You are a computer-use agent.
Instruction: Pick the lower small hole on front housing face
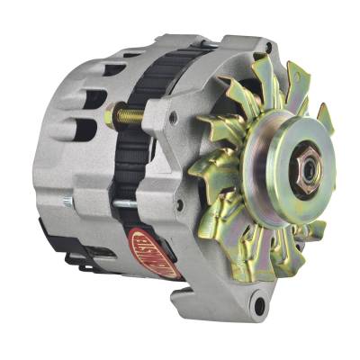pos(180,204)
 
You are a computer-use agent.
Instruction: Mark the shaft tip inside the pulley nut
pos(303,166)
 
